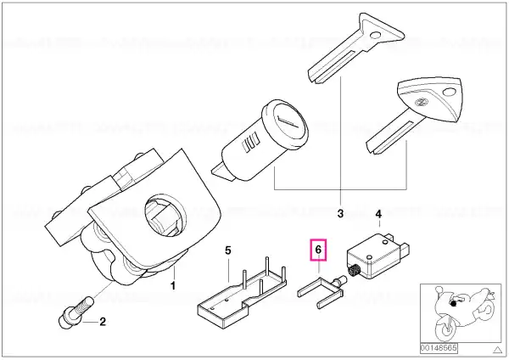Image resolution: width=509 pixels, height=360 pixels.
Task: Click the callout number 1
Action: pos(173,286)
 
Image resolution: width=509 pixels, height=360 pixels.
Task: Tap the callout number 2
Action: pos(103,322)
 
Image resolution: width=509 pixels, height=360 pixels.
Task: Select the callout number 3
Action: pos(340,213)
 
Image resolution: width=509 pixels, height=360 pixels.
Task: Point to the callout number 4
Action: pos(378,214)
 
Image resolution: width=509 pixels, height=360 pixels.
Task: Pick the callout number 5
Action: pos(228,250)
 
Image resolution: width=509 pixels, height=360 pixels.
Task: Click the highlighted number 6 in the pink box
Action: pos(318,250)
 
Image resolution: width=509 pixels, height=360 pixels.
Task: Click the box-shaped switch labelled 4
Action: pos(377,256)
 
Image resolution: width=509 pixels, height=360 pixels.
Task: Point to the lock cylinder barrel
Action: pos(261,140)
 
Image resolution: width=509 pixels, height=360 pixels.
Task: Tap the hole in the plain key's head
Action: pos(377,35)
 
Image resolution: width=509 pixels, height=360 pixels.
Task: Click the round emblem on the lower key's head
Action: pos(422,103)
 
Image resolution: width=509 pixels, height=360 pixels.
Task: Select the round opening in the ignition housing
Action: pos(165,217)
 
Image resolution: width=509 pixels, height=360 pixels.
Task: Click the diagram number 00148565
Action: pos(439,348)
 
